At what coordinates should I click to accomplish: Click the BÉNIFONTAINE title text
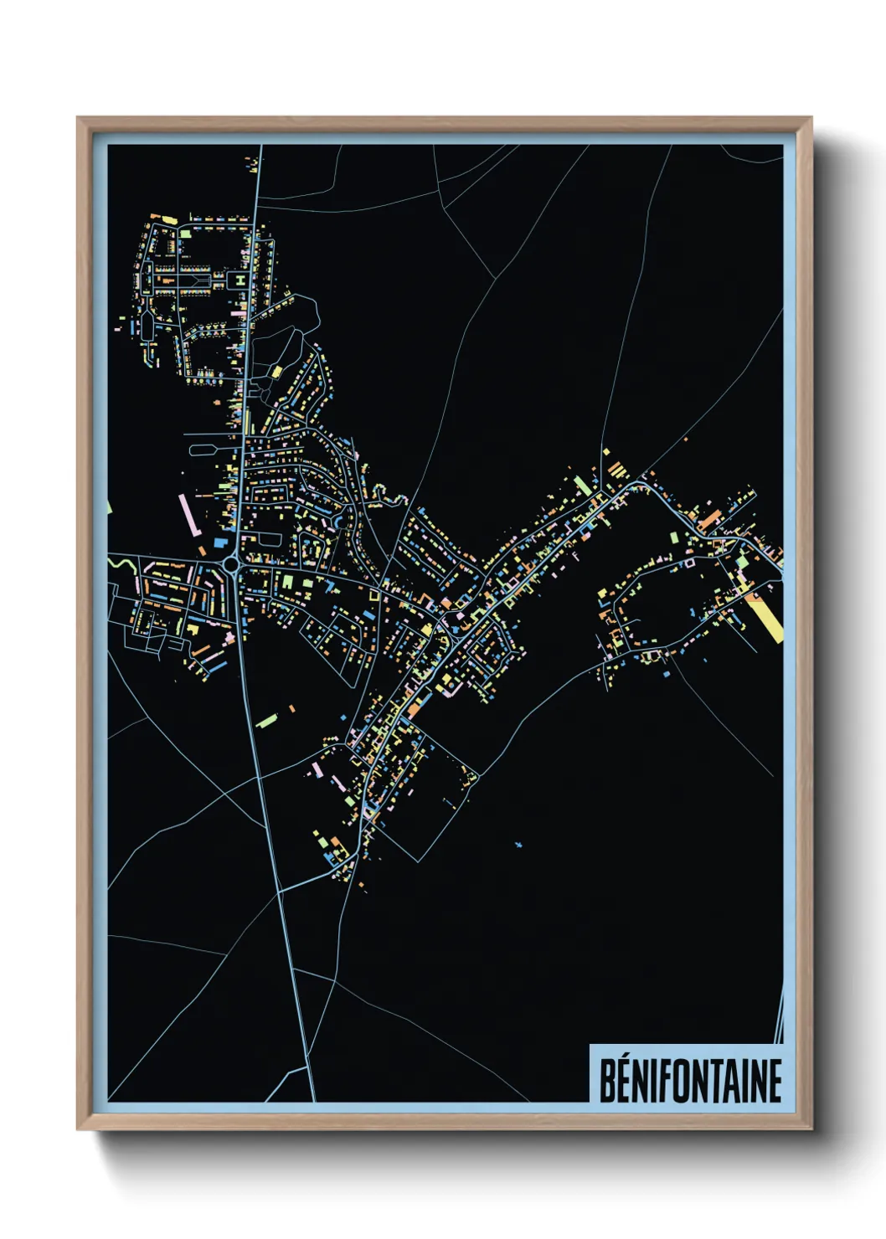tap(690, 1080)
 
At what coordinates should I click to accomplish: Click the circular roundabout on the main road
tap(231, 566)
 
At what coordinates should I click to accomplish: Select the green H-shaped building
tap(240, 279)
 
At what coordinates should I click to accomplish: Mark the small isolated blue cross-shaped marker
tap(518, 845)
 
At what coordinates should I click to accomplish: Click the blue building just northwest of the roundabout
tap(220, 543)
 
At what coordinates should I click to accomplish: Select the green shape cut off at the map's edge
tap(109, 506)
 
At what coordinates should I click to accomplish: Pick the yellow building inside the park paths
tap(276, 371)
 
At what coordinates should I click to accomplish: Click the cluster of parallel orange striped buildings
tap(617, 469)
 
